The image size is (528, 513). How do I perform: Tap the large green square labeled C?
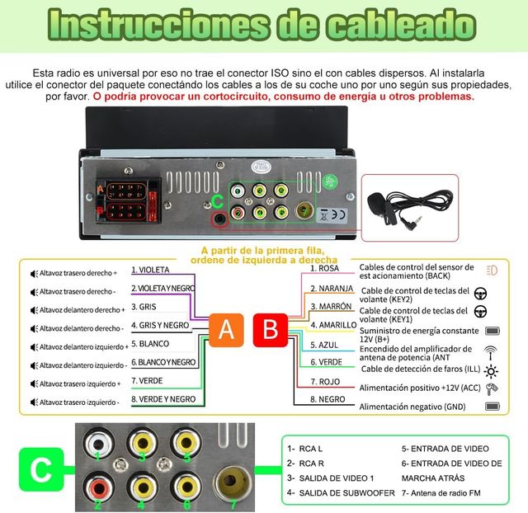click(x=40, y=470)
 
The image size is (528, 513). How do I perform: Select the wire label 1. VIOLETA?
click(x=150, y=270)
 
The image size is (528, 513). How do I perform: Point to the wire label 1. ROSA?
click(x=325, y=268)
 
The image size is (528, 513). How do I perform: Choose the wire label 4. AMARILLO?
click(x=332, y=325)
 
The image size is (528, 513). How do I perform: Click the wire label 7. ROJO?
click(x=326, y=382)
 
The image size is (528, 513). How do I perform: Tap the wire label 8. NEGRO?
click(x=328, y=399)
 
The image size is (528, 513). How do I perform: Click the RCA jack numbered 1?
click(x=99, y=443)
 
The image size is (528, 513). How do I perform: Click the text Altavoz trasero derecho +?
click(x=78, y=272)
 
